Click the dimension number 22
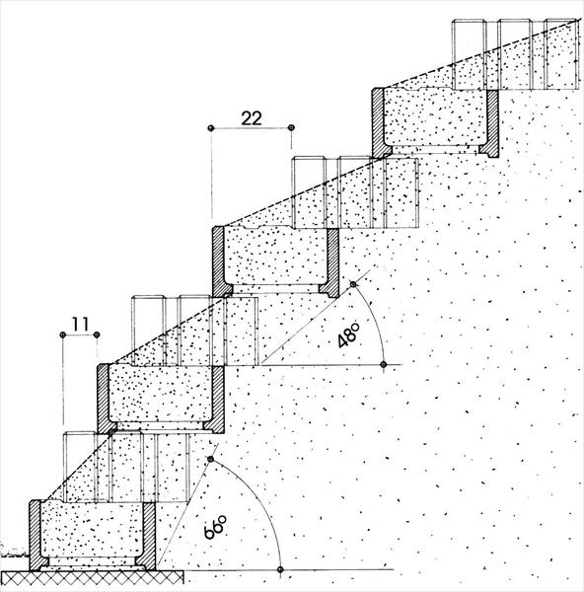[252, 118]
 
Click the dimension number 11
[80, 325]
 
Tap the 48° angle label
[347, 335]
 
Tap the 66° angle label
[215, 527]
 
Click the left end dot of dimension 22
[211, 128]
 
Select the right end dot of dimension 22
[291, 128]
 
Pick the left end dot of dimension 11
[63, 334]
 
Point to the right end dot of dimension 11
[97, 334]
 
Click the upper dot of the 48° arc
[353, 284]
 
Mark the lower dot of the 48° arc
[384, 365]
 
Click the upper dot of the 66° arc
[211, 459]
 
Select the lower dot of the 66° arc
[280, 569]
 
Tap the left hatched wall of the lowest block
[36, 535]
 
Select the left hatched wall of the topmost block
[379, 122]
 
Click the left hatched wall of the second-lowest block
[104, 399]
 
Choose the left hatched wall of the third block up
[218, 261]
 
